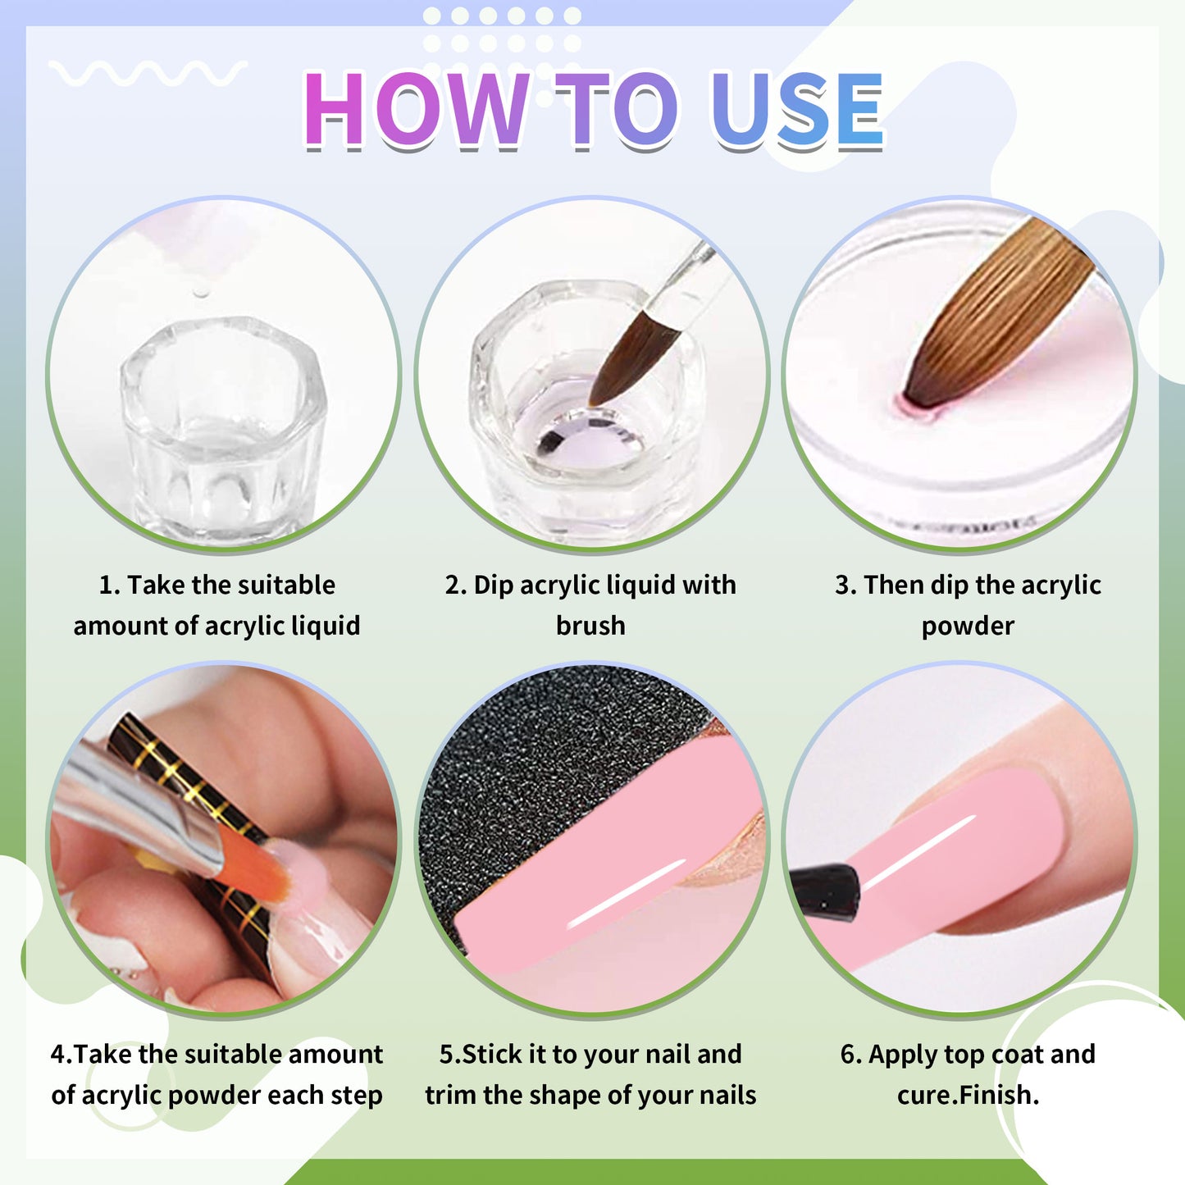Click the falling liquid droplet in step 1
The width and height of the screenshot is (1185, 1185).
click(x=198, y=293)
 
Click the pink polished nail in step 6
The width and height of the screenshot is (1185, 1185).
click(x=968, y=853)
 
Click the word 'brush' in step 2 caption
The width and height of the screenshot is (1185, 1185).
click(x=590, y=626)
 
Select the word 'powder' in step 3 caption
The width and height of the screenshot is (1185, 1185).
click(x=968, y=626)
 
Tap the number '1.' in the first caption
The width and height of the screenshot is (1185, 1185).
click(x=109, y=585)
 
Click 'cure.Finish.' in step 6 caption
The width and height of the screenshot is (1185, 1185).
click(x=968, y=1095)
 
